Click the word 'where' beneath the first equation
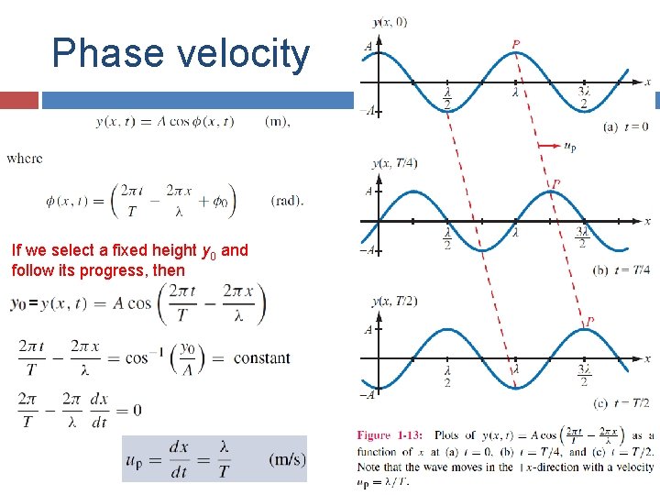24,159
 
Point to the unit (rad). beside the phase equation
287,201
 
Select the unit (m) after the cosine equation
277,123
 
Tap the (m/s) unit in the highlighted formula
288,458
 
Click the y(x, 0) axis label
390,21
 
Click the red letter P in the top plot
517,43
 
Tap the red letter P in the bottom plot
589,322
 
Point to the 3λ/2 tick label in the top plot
584,98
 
